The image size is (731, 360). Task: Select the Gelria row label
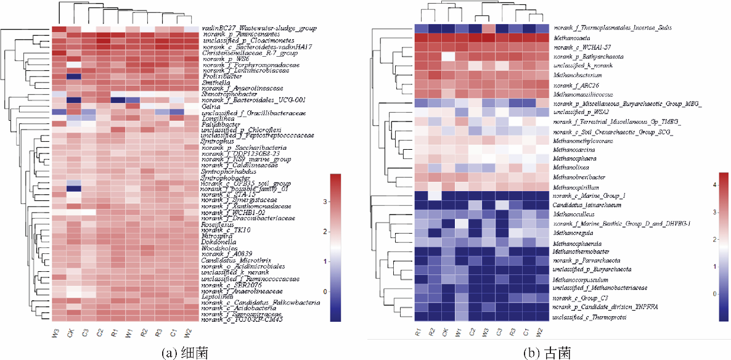tap(211, 106)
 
